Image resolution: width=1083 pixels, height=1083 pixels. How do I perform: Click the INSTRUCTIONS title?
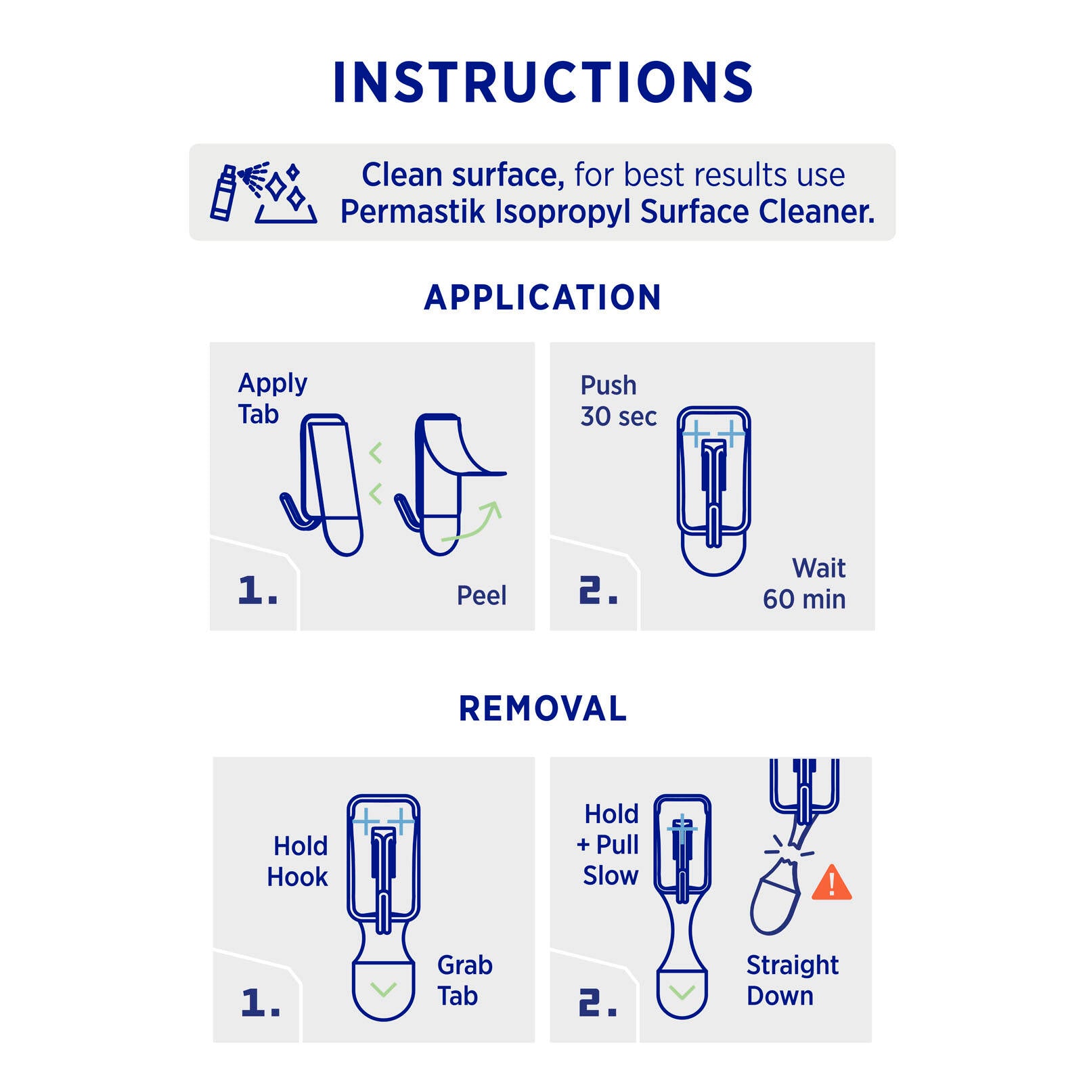tap(543, 83)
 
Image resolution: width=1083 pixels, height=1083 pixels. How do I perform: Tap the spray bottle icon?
tap(223, 193)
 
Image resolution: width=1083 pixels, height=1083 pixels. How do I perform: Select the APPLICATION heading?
tap(543, 297)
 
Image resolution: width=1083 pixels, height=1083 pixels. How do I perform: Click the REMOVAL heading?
tap(543, 709)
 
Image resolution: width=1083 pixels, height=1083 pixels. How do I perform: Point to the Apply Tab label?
tap(272, 399)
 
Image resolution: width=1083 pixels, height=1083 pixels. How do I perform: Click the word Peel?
tap(481, 596)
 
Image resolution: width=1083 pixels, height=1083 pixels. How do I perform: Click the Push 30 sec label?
tap(618, 401)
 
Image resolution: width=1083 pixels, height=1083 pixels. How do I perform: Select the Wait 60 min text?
tap(804, 583)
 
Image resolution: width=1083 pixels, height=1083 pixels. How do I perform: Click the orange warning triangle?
tap(831, 882)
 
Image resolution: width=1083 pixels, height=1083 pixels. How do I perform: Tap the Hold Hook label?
tap(297, 861)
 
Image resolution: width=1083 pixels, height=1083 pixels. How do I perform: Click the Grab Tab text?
tap(464, 980)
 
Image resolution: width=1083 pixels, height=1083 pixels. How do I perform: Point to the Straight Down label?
tap(793, 980)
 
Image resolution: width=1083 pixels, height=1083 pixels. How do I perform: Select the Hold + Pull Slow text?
tap(608, 844)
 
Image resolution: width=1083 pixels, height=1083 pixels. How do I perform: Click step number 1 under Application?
tap(257, 590)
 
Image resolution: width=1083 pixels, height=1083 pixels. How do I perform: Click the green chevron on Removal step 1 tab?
tap(384, 990)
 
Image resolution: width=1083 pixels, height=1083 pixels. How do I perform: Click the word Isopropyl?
tap(564, 213)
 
